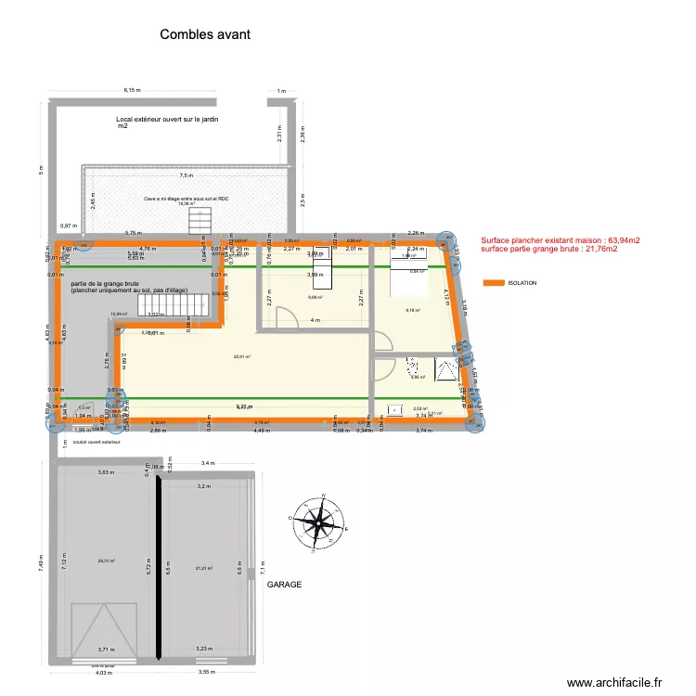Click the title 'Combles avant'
point(205,34)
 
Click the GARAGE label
point(286,586)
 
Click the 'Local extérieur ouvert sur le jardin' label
point(167,120)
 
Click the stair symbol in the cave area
point(201,222)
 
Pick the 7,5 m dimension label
point(187,174)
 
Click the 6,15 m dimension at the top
point(135,90)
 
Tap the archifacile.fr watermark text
point(612,682)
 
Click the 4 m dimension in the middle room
point(316,320)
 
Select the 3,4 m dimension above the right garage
point(207,462)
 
